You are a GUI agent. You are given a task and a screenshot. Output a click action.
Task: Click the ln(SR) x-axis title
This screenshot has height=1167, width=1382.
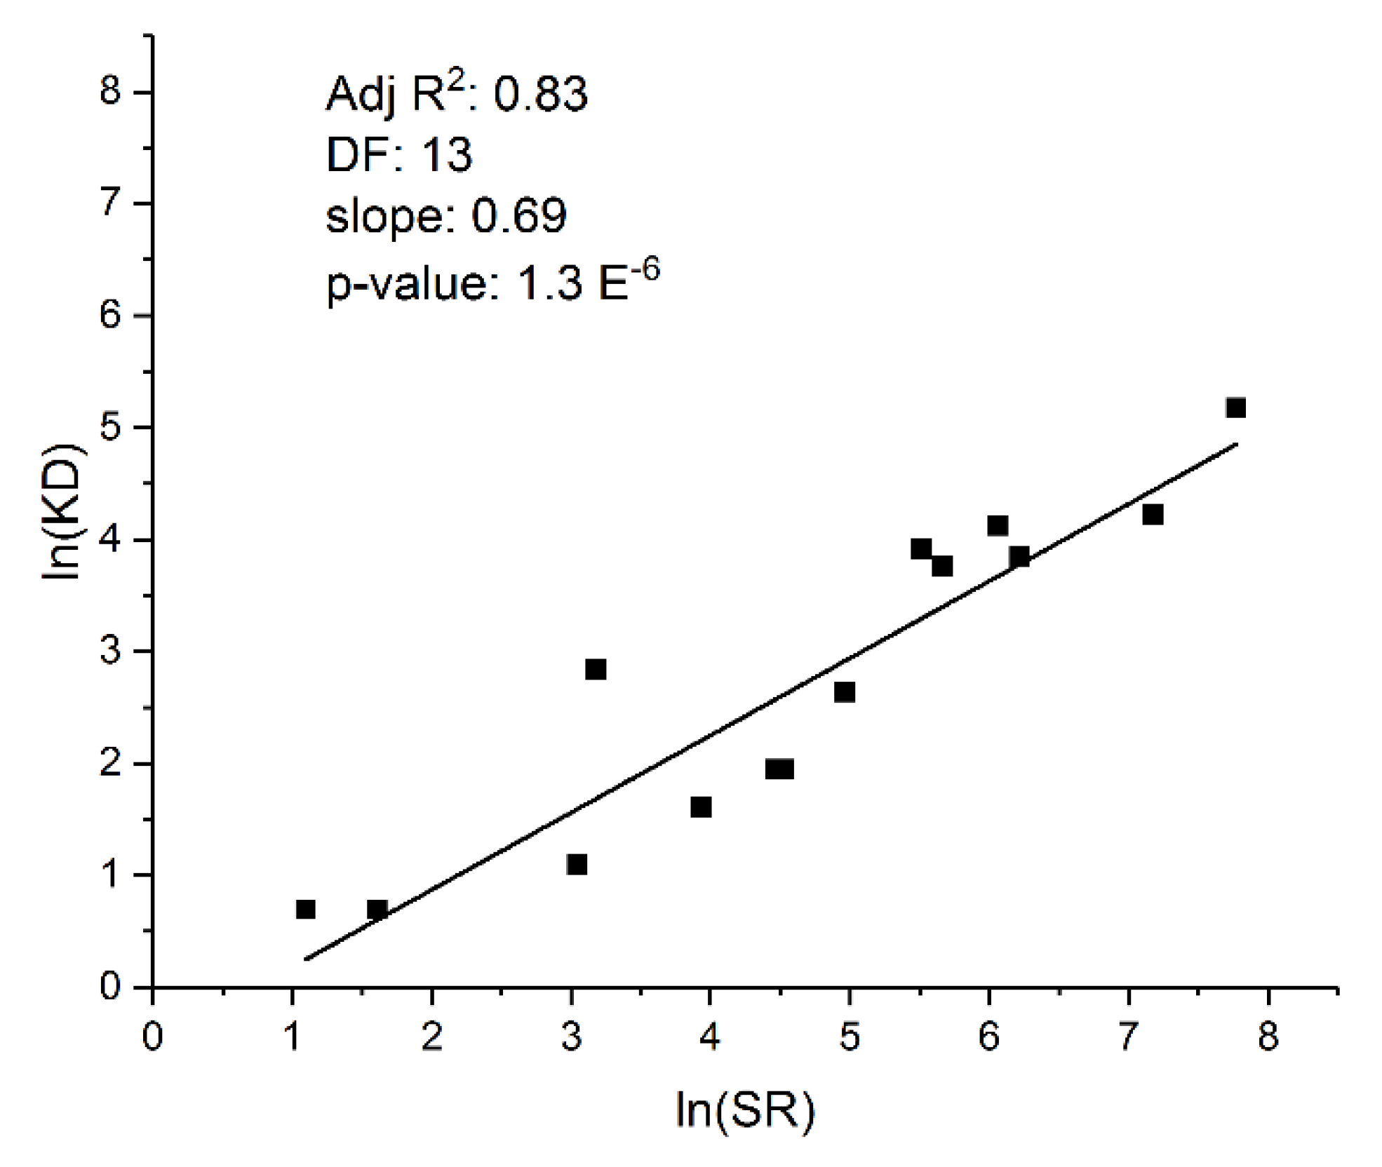745,1109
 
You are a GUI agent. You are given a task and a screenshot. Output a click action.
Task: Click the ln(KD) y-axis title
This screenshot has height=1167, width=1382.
63,511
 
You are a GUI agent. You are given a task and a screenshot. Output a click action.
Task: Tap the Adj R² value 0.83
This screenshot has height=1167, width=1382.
540,95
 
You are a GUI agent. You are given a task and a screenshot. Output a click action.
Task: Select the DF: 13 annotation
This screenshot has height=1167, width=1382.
399,155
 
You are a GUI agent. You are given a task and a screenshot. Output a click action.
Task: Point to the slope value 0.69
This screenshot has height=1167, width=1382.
518,215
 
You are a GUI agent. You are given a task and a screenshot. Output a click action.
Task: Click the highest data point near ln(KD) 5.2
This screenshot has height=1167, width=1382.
1235,407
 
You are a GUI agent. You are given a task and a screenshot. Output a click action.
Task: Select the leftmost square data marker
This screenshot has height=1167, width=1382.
305,909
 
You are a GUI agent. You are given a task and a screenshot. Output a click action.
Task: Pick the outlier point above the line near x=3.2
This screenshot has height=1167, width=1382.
595,669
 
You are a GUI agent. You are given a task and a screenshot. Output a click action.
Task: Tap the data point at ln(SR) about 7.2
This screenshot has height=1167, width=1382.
1153,515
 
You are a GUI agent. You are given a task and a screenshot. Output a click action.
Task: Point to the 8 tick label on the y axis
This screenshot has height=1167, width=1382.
110,91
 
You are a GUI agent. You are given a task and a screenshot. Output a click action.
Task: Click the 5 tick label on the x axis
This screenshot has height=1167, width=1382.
849,1036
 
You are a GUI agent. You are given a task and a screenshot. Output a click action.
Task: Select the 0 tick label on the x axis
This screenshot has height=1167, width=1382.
152,1036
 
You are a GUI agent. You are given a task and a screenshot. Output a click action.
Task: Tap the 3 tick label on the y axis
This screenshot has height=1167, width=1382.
110,651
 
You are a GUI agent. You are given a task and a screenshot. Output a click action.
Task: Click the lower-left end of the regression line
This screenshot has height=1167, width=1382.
307,958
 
